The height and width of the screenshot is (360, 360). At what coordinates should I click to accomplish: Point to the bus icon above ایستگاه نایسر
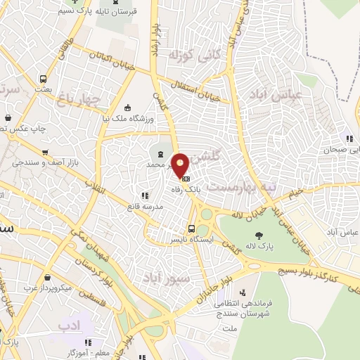(192, 228)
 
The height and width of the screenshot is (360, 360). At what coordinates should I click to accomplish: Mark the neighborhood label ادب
(68, 326)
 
